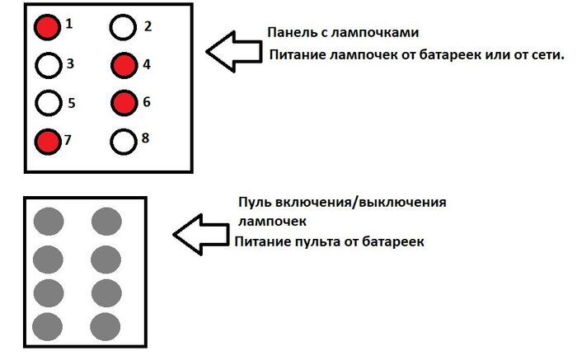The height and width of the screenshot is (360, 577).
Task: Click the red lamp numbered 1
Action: pyautogui.click(x=48, y=28)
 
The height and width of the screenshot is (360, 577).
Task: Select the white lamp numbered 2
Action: pyautogui.click(x=123, y=29)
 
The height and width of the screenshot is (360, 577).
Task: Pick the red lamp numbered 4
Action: pyautogui.click(x=124, y=65)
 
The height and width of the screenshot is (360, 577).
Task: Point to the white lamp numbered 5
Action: pyautogui.click(x=49, y=103)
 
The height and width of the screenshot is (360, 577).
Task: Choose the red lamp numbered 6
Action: pyautogui.click(x=124, y=103)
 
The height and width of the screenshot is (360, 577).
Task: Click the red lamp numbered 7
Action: pyautogui.click(x=48, y=142)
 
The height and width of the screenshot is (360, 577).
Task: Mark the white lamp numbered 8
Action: pyautogui.click(x=123, y=142)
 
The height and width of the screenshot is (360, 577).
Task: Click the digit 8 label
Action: pyautogui.click(x=145, y=137)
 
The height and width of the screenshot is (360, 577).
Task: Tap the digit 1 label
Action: pyautogui.click(x=69, y=24)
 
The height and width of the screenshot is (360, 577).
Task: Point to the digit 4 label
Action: pyautogui.click(x=146, y=62)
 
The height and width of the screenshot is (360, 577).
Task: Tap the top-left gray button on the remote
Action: pyautogui.click(x=48, y=221)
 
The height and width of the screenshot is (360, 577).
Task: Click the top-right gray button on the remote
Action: pyautogui.click(x=106, y=221)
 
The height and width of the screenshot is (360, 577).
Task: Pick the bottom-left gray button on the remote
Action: pyautogui.click(x=48, y=323)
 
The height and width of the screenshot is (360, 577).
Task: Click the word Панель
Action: pyautogui.click(x=288, y=33)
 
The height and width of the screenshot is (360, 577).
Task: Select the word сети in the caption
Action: pyautogui.click(x=547, y=55)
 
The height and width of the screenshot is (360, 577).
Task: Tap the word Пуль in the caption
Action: pyautogui.click(x=254, y=203)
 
